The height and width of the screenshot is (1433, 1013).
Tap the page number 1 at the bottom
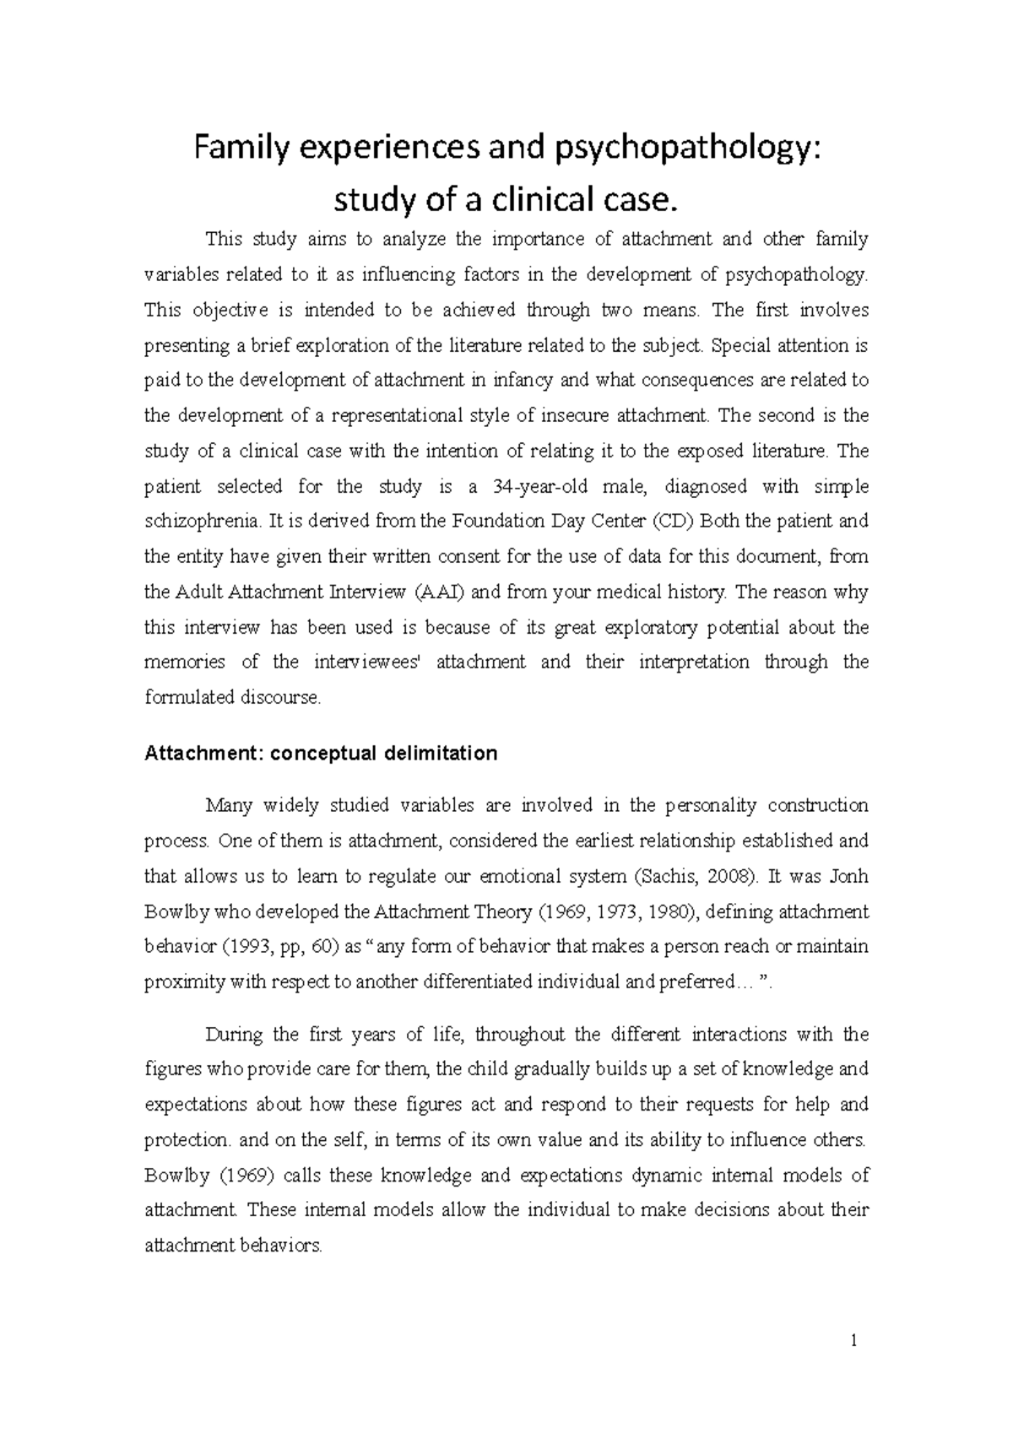pyautogui.click(x=854, y=1340)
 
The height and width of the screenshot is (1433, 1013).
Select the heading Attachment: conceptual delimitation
pyautogui.click(x=321, y=753)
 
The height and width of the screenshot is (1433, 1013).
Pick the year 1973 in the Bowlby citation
pyautogui.click(x=612, y=911)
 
